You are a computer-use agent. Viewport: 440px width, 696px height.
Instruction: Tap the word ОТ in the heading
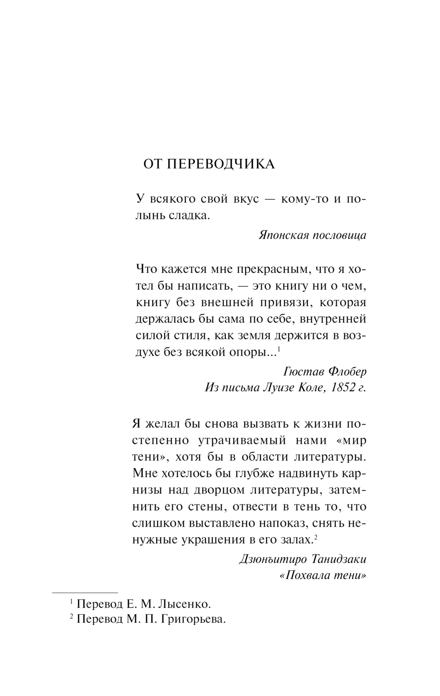point(154,164)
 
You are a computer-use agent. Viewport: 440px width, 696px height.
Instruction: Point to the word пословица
point(339,235)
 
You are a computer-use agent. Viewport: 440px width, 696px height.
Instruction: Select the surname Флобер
point(348,372)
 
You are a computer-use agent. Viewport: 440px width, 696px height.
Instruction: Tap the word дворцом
point(224,490)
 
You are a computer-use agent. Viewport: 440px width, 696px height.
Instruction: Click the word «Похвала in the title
point(304,576)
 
